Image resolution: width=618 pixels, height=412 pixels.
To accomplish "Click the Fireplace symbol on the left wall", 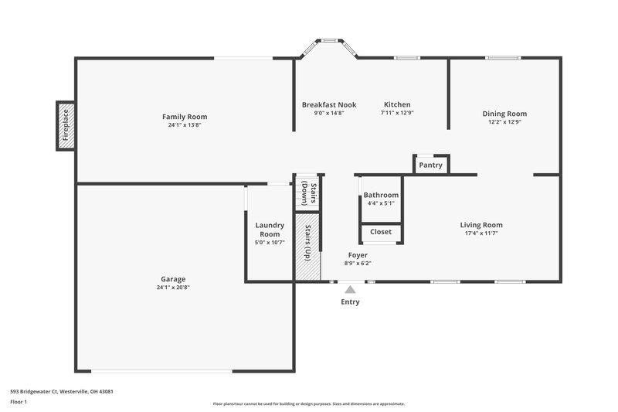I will [x=66, y=125].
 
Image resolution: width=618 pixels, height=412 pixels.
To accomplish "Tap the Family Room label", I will [x=185, y=117].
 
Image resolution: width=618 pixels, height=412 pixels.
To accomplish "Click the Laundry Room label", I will [x=270, y=230].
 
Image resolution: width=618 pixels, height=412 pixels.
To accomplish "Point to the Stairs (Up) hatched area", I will [x=308, y=247].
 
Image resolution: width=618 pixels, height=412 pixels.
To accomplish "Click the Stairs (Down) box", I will [x=307, y=193].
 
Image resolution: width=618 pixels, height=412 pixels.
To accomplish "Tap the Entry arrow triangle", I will [x=350, y=289].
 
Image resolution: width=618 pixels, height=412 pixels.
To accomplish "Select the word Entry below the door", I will [x=350, y=302].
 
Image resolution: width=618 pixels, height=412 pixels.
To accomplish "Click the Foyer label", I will [x=358, y=255].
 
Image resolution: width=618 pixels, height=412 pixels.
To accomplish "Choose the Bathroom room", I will [x=381, y=199].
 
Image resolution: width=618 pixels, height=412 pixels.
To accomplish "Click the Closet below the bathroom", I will [x=381, y=232].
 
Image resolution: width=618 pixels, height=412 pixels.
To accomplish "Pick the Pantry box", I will [x=430, y=165].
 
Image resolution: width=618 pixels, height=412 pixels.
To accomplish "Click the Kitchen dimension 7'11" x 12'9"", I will [x=397, y=113].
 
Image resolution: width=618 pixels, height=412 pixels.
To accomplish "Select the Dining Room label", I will [x=504, y=114].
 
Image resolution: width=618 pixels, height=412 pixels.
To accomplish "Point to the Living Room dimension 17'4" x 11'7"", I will [x=481, y=233].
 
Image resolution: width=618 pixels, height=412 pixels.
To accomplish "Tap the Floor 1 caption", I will [x=19, y=402].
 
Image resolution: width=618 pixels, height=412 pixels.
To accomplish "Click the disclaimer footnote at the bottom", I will [x=309, y=403].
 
